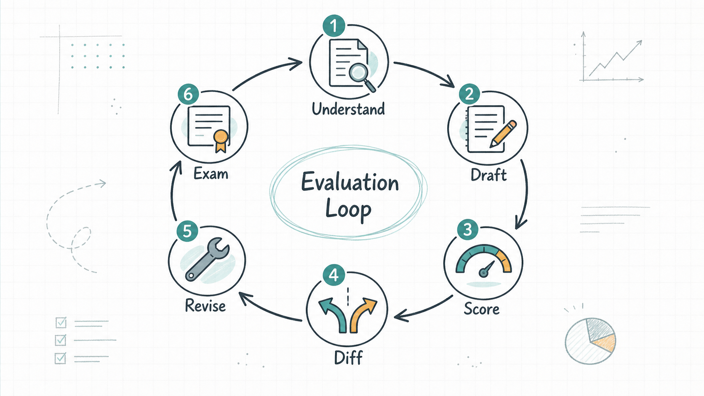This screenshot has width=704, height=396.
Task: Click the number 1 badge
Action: pos(334,25)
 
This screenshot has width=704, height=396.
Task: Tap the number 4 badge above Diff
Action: pos(334,275)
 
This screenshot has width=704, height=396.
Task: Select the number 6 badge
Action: pos(188,94)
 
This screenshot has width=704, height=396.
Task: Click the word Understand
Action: pos(348,109)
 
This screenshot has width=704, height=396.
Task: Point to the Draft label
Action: pos(488,175)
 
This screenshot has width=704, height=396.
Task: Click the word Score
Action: pos(482,309)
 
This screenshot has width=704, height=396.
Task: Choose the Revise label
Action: pos(205,306)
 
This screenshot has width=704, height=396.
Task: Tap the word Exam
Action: pos(211,173)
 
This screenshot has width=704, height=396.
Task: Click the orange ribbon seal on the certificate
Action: pos(221,141)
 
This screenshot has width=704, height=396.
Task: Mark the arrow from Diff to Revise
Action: pos(269,310)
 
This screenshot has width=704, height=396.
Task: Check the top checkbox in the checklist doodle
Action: pos(61,322)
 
